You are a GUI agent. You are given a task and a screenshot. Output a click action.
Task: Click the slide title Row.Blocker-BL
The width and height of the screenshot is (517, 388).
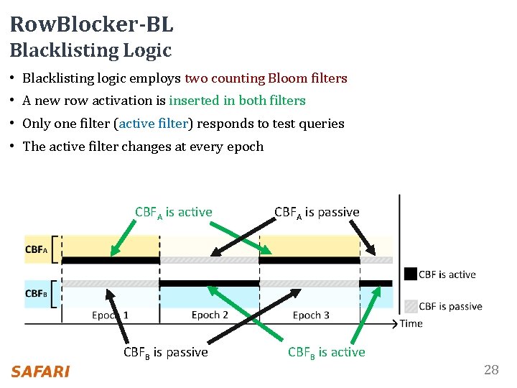91,25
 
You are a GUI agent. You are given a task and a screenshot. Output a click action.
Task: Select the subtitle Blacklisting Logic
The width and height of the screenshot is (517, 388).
90,50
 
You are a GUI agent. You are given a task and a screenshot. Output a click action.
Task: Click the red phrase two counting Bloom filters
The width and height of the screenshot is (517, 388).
266,78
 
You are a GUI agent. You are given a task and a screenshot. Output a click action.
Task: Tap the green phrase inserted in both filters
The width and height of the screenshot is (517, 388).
237,101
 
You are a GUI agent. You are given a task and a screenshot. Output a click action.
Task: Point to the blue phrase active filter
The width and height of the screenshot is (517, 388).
153,124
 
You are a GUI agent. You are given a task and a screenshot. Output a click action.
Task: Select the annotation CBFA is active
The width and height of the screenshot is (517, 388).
174,212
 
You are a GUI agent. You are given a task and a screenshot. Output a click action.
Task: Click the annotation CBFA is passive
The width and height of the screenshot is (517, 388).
317,212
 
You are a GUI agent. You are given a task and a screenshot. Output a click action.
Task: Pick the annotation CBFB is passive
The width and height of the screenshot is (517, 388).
165,352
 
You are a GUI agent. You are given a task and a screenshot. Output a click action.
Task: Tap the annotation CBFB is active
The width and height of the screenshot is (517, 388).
326,352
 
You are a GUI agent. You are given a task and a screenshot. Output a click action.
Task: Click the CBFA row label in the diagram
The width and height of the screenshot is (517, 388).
37,250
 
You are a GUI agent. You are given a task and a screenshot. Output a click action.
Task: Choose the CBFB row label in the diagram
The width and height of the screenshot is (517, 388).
37,293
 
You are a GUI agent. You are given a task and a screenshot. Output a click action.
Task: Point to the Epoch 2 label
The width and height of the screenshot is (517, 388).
210,315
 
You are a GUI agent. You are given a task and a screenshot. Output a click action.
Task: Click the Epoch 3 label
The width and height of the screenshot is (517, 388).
311,315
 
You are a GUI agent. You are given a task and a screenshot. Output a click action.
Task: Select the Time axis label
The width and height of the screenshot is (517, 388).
411,323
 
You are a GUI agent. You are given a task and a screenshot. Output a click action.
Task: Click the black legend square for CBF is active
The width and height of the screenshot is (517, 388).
410,274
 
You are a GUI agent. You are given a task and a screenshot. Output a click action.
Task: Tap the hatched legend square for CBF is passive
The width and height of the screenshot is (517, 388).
410,305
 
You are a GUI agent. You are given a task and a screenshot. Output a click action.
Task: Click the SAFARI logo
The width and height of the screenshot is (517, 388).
40,371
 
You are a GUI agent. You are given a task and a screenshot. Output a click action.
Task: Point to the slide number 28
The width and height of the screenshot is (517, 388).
491,370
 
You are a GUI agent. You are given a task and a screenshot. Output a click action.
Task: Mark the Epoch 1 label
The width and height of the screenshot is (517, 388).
111,315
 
